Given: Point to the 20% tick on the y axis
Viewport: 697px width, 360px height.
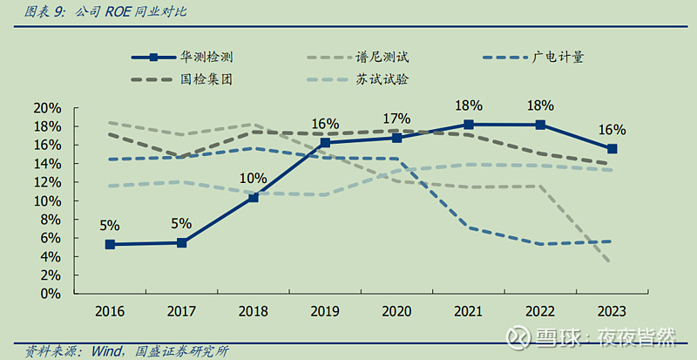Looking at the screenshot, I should [x=47, y=108].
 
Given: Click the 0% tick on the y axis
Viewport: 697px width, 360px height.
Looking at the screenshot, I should [x=51, y=294].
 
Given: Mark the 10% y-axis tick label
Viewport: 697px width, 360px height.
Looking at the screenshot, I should [x=47, y=201].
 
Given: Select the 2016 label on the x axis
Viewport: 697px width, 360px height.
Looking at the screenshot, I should [x=110, y=311].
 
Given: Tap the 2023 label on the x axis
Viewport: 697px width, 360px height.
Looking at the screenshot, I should [x=612, y=311].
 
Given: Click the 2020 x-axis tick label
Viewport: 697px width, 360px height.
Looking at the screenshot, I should [x=396, y=311].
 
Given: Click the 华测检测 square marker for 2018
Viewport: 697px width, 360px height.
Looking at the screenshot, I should [x=254, y=198].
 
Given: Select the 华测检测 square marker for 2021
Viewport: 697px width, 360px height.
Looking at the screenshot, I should [x=469, y=125].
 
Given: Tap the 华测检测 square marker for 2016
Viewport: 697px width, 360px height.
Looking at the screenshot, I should [x=110, y=245].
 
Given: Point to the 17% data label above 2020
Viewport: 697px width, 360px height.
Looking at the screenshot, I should [x=397, y=119].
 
